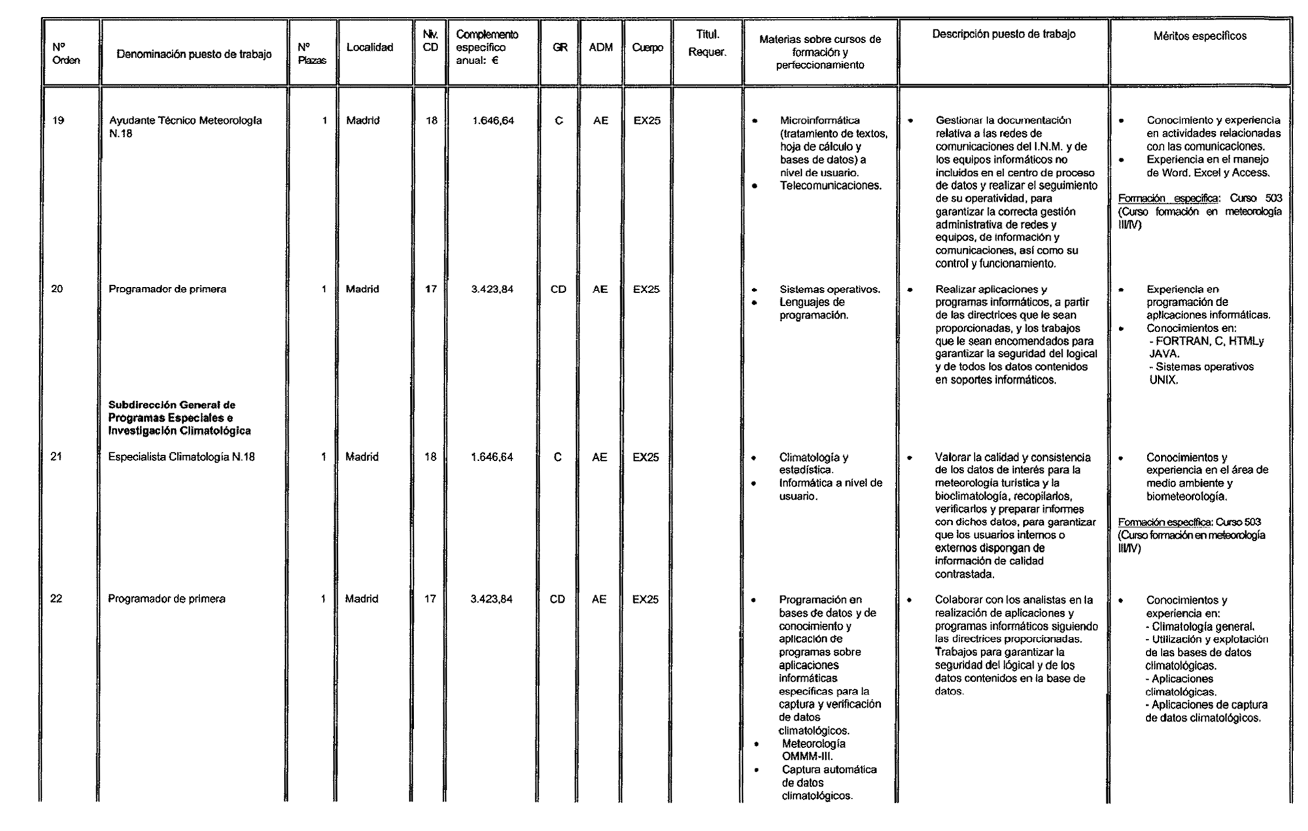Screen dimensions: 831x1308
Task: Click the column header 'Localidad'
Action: click(x=370, y=47)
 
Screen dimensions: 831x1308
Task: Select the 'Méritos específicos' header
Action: click(x=1199, y=36)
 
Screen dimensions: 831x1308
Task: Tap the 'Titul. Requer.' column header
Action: click(x=707, y=43)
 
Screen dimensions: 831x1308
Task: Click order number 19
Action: click(x=58, y=120)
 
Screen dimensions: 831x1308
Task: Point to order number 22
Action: click(x=56, y=599)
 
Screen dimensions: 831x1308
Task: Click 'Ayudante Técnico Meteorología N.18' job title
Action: click(x=185, y=127)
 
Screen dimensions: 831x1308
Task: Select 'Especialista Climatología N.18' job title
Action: click(x=181, y=457)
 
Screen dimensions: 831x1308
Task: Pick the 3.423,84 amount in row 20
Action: click(x=492, y=289)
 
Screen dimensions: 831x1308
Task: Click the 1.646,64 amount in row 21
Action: click(x=492, y=457)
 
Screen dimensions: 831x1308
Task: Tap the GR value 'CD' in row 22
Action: click(x=557, y=599)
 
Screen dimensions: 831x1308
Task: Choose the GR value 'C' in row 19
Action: click(x=559, y=120)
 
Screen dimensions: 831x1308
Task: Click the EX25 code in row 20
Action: click(x=646, y=289)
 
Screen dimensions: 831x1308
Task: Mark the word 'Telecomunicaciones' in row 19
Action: click(x=831, y=186)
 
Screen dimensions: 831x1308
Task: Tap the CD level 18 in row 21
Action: click(x=430, y=457)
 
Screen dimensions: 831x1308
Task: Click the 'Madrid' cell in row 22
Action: click(x=362, y=599)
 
